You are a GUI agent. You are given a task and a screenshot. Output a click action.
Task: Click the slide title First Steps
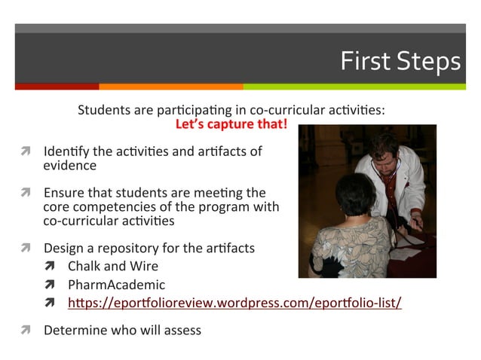click(x=399, y=61)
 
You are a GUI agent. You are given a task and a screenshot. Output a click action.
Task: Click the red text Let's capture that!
click(x=231, y=124)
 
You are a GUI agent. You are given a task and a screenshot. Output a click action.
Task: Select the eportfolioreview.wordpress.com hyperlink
click(x=234, y=304)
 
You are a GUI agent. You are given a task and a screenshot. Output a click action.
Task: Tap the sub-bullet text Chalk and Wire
click(x=113, y=266)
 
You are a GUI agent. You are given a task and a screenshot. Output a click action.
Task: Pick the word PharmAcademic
click(x=116, y=285)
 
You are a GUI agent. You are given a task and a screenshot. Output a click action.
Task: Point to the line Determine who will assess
click(x=122, y=329)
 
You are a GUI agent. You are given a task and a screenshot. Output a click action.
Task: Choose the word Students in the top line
click(x=105, y=110)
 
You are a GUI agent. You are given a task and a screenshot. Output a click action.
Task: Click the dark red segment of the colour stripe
click(x=57, y=87)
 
